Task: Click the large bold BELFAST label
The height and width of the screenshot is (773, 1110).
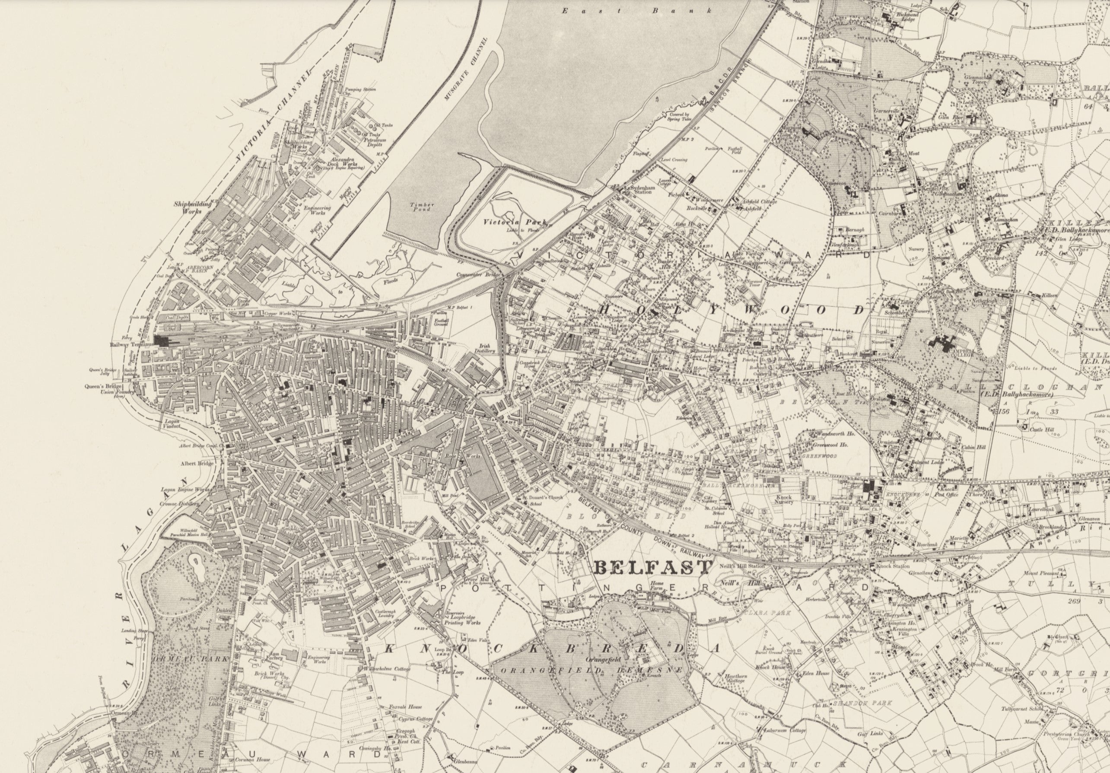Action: [653, 566]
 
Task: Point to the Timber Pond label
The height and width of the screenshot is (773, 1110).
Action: [423, 207]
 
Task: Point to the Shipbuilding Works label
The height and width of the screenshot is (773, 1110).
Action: [192, 207]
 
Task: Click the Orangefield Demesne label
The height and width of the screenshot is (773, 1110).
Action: [592, 671]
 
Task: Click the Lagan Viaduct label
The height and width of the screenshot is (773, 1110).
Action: [172, 424]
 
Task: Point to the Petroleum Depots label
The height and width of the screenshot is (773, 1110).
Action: [373, 142]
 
